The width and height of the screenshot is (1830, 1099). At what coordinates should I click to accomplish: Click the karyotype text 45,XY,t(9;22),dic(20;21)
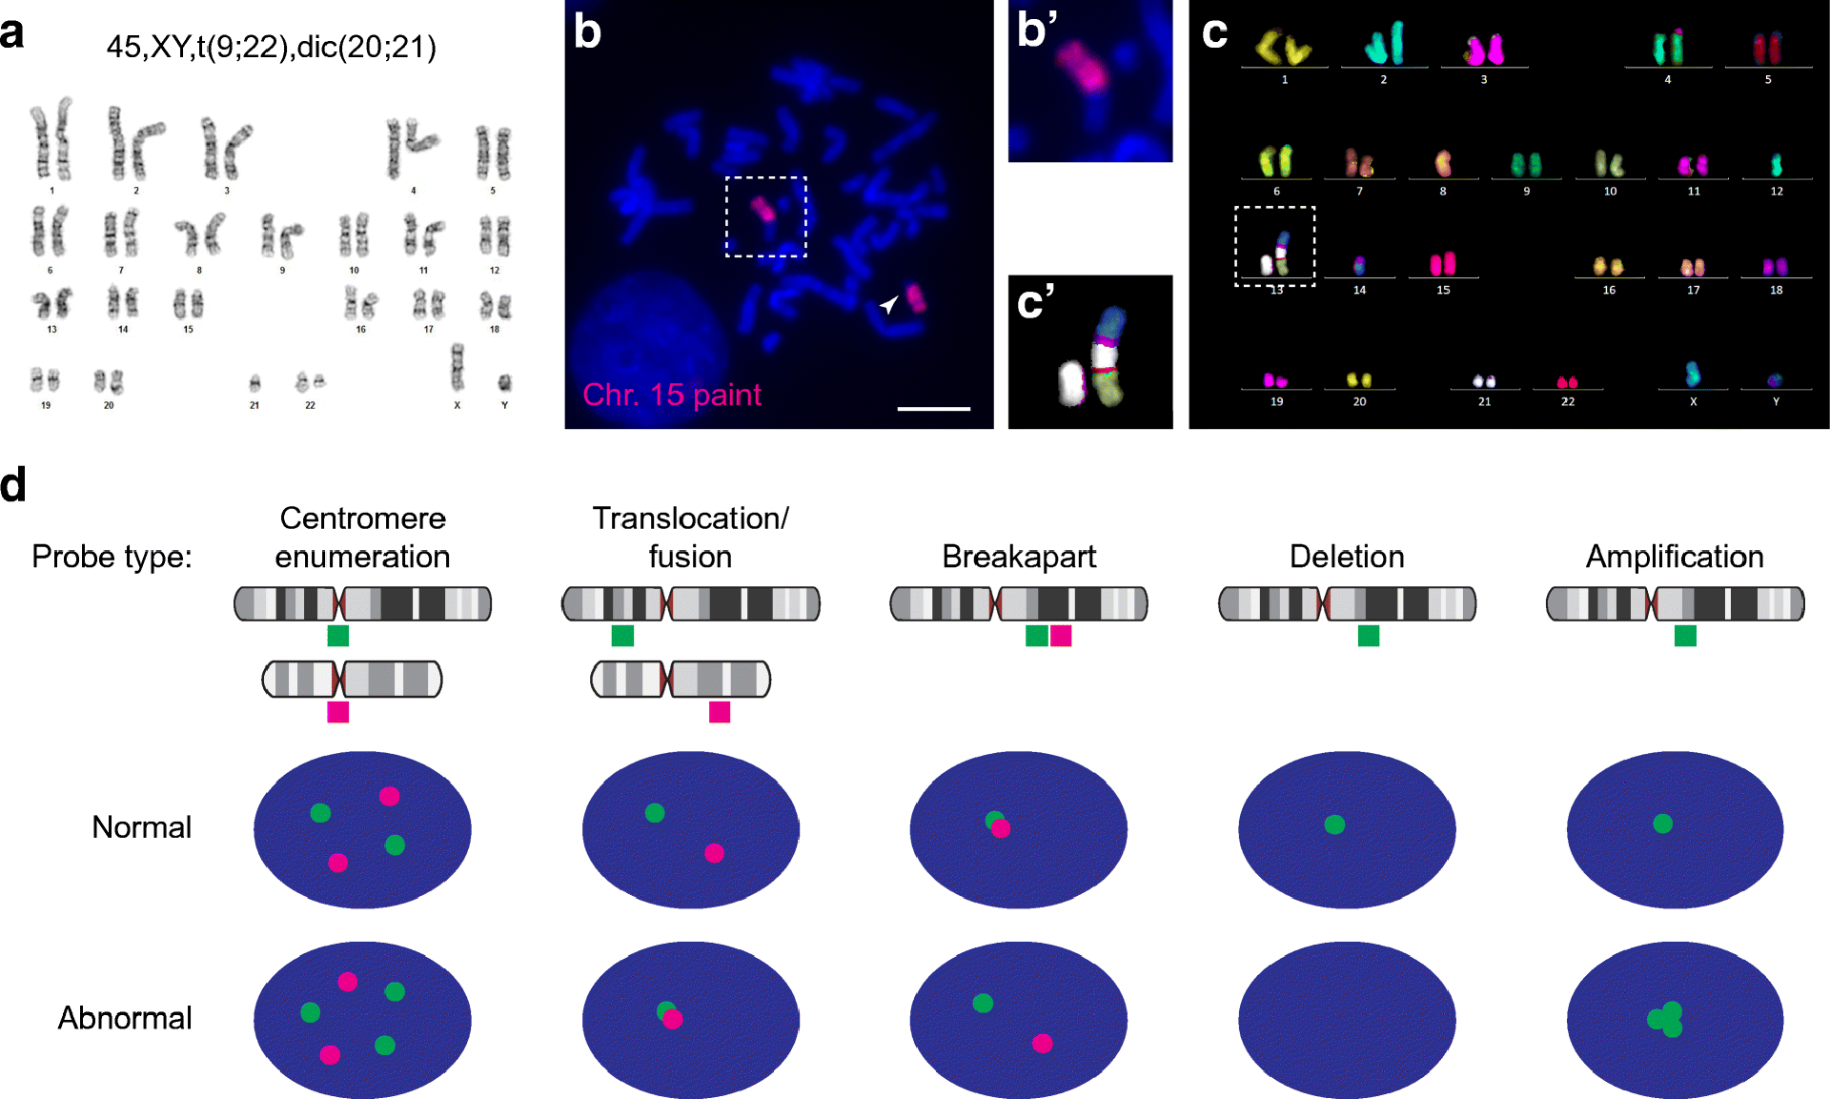click(272, 47)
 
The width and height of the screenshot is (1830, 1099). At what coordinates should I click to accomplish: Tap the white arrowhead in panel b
click(888, 304)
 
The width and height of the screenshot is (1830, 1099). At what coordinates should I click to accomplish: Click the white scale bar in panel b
click(933, 408)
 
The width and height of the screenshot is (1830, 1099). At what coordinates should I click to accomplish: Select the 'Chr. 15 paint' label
click(672, 395)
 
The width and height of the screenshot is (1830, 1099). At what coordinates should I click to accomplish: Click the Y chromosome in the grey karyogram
click(504, 383)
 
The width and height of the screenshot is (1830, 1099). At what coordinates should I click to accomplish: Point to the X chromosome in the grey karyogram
click(457, 367)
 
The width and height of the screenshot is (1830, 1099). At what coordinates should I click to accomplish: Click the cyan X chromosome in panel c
click(1693, 373)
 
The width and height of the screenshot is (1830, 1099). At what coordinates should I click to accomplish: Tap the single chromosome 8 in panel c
click(1443, 163)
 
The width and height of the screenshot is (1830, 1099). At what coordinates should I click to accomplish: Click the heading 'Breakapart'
click(1019, 557)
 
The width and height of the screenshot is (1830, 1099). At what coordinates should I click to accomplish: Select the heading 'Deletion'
click(1347, 557)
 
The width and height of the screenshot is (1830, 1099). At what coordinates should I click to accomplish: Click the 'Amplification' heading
click(1675, 557)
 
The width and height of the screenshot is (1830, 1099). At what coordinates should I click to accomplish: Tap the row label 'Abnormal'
click(125, 1018)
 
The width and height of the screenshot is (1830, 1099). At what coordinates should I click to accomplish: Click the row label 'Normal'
click(141, 827)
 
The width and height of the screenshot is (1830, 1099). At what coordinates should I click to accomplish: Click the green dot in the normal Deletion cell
click(1334, 824)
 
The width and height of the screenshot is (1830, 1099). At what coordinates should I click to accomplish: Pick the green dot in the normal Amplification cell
click(1663, 824)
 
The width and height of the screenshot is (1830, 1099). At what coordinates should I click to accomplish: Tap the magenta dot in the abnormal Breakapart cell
click(1043, 1044)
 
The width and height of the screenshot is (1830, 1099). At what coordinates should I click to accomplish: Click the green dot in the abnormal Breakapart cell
click(983, 1003)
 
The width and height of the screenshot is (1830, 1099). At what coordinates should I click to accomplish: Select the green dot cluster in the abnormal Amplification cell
click(1666, 1019)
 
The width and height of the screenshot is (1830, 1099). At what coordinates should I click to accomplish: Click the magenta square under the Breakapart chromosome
click(1061, 636)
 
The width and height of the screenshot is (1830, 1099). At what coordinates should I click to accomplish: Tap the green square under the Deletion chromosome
click(1369, 636)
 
